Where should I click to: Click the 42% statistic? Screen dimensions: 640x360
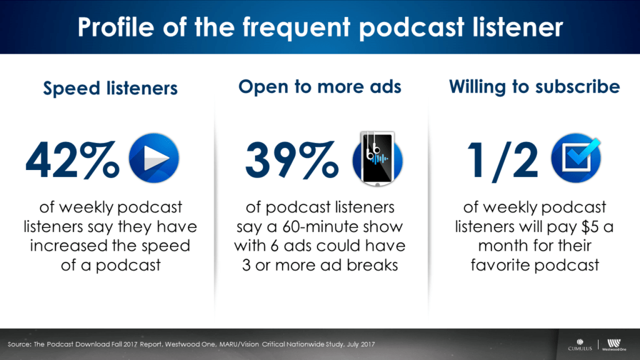[x=72, y=160]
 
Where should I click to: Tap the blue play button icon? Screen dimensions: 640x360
[x=154, y=158]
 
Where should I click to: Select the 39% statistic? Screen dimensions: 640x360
[x=292, y=160]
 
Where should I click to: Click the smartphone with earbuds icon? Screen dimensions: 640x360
[x=377, y=159]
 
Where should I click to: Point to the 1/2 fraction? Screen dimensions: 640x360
[x=502, y=161]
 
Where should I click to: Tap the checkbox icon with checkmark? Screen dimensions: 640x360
[x=576, y=158]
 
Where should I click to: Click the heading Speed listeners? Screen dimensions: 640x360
[x=110, y=88]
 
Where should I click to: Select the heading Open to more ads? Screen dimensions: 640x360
[x=319, y=86]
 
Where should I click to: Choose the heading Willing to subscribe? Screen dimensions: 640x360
[x=534, y=86]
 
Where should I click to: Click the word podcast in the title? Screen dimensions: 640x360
[x=412, y=27]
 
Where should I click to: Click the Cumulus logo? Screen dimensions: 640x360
[x=579, y=345]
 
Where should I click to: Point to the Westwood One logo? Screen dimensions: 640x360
[x=614, y=345]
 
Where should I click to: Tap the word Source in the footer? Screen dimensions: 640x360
[x=18, y=344]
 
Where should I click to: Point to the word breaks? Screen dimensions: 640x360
[x=372, y=265]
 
